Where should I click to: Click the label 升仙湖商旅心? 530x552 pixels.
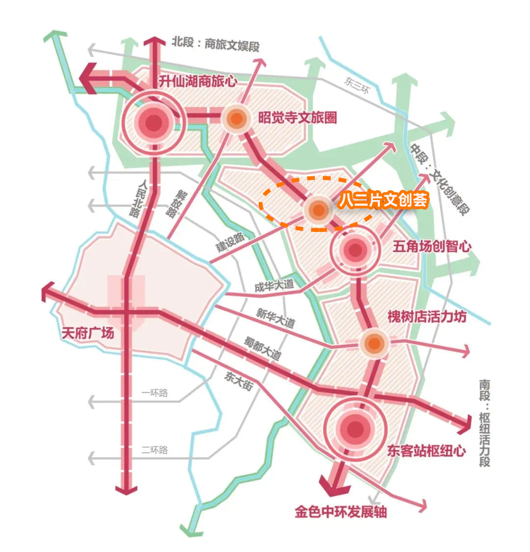198,81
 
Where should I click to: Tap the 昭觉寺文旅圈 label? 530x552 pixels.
297,118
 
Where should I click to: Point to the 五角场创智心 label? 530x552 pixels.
432,246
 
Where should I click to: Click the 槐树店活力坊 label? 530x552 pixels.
427,316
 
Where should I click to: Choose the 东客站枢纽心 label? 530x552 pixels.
426,450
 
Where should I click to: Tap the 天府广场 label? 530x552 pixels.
88,333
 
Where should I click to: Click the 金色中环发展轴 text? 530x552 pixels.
341,512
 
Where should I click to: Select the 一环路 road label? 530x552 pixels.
155,393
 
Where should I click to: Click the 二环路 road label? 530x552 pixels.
155,450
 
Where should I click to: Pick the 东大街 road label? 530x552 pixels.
238,380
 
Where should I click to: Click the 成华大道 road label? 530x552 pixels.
274,286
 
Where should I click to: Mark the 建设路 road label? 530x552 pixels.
230,242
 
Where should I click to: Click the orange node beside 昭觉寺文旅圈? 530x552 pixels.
237,118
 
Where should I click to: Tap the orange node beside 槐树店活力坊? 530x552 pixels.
374,343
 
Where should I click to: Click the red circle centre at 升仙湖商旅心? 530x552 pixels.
154,123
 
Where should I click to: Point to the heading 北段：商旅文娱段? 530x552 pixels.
215,44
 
